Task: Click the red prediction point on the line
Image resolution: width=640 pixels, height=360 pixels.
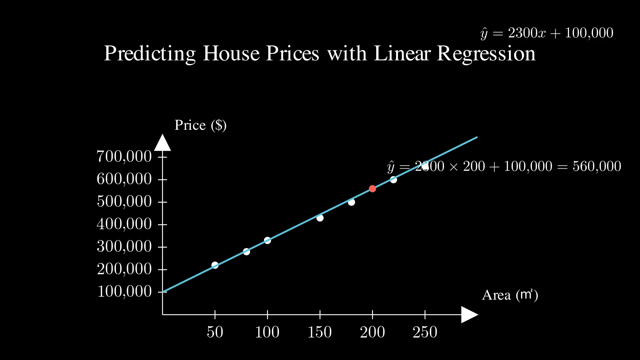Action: pos(372,189)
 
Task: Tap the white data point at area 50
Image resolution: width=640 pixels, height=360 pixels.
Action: pos(215,265)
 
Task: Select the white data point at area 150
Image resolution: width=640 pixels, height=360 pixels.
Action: pos(320,218)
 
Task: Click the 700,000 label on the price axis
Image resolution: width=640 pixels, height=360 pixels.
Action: pos(124,156)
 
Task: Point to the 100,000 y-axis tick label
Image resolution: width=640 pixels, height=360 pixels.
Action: pos(124,291)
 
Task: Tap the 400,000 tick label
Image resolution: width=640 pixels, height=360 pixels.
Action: pos(124,224)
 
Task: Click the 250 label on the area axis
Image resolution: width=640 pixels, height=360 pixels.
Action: pos(425,332)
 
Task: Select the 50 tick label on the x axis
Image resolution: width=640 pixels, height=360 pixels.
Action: pos(215,332)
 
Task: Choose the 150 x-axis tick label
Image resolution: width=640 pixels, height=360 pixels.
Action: pos(319,332)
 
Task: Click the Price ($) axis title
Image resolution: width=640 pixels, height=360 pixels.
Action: pos(200,125)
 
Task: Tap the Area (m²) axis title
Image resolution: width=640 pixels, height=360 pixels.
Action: pos(510,295)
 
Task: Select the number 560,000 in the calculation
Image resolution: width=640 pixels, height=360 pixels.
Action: pos(597,166)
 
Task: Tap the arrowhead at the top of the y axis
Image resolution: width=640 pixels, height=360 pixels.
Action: pos(162,143)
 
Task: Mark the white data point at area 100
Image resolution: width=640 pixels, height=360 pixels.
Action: pos(267,240)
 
